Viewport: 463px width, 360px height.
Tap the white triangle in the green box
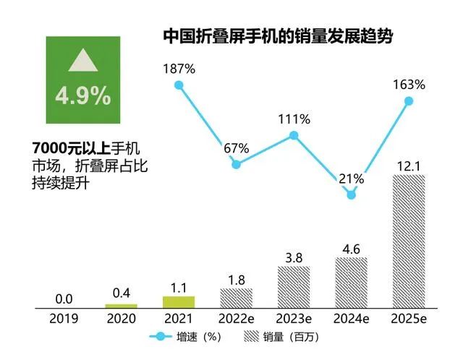tap(82, 61)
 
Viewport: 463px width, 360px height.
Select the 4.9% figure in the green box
tap(82, 95)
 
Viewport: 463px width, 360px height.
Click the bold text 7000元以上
tap(71, 148)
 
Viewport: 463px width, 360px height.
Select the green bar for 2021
tap(179, 302)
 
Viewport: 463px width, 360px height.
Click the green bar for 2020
tap(121, 306)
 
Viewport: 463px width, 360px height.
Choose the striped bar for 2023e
tap(294, 287)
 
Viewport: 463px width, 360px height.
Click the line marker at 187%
tap(179, 85)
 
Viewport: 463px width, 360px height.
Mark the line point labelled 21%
tap(352, 194)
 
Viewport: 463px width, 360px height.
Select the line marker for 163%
tap(409, 101)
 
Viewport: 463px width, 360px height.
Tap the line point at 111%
tap(294, 135)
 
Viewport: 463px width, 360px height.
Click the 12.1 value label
tap(408, 166)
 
